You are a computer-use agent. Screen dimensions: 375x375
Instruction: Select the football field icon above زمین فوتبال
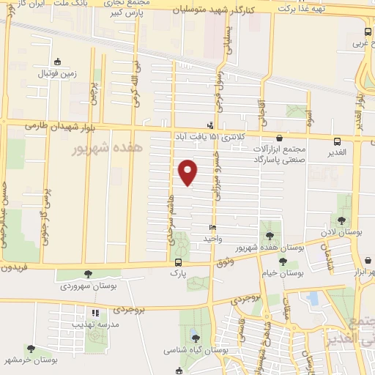point(57,62)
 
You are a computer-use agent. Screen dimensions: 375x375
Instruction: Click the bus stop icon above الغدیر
point(337,141)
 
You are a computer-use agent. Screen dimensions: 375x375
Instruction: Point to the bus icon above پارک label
point(177,262)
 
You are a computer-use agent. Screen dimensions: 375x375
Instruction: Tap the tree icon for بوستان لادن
point(341,220)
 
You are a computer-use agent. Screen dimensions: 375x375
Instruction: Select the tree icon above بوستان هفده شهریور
point(271,236)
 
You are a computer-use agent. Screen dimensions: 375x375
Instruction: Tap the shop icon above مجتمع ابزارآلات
point(278,137)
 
